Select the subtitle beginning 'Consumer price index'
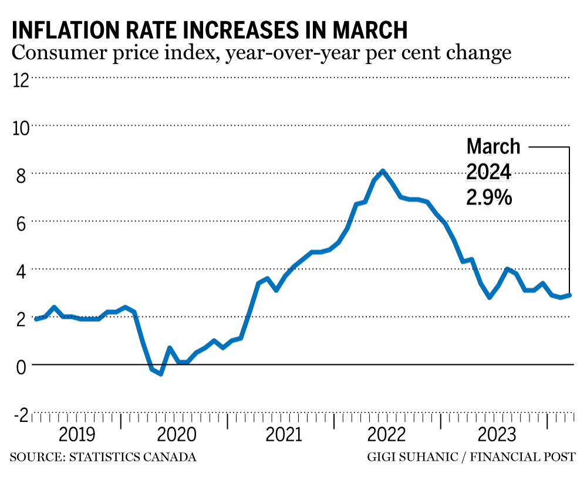(x=261, y=53)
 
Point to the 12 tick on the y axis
(x=21, y=79)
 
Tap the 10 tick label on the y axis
(x=21, y=126)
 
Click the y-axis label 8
(x=21, y=174)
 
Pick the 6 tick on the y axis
(x=21, y=222)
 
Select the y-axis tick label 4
(x=21, y=270)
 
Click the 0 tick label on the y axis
(x=21, y=366)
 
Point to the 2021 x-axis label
(x=284, y=435)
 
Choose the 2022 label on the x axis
(x=386, y=435)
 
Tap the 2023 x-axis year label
(x=497, y=435)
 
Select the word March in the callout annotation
(x=493, y=146)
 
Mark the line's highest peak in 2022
(x=383, y=171)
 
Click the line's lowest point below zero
(x=160, y=374)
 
